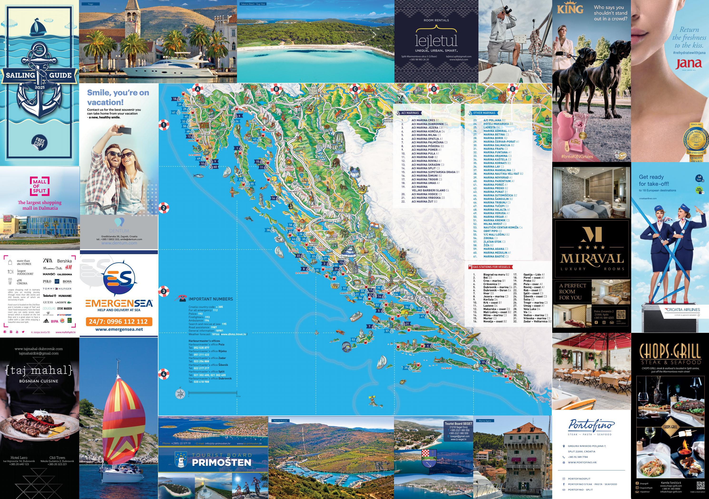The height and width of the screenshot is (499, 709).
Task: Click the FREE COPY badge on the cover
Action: [x=39, y=143]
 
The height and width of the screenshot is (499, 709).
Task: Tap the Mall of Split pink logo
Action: [x=39, y=186]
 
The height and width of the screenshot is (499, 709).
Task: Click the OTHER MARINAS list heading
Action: [x=484, y=113]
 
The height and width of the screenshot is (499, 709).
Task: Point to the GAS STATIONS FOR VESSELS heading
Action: [x=491, y=267]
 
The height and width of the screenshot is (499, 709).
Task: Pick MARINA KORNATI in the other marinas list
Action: [x=495, y=163]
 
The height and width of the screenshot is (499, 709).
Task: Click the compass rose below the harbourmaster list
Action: [x=180, y=394]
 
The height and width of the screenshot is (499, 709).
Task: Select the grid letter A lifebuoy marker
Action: [x=198, y=89]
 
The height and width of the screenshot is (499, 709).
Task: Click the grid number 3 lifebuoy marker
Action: [x=164, y=291]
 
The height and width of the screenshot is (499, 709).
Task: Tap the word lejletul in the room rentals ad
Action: [x=436, y=40]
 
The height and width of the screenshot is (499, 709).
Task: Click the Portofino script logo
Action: [x=591, y=425]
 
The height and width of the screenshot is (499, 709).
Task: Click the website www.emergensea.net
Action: [x=119, y=329]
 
